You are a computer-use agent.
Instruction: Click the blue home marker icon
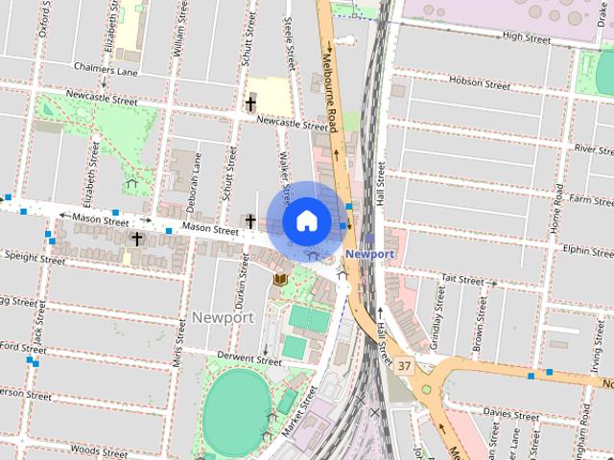click(305, 220)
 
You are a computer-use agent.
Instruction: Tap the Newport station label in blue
click(369, 254)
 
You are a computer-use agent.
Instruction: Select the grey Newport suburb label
click(223, 317)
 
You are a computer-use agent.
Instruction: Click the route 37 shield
click(404, 366)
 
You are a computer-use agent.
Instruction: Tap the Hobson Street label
click(485, 83)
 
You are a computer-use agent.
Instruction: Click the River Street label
click(593, 149)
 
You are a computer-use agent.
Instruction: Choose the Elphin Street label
click(589, 248)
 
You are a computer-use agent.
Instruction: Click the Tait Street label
click(462, 280)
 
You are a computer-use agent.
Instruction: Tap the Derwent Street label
click(249, 359)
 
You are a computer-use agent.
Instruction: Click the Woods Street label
click(99, 449)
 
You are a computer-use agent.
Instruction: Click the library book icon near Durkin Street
click(280, 278)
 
